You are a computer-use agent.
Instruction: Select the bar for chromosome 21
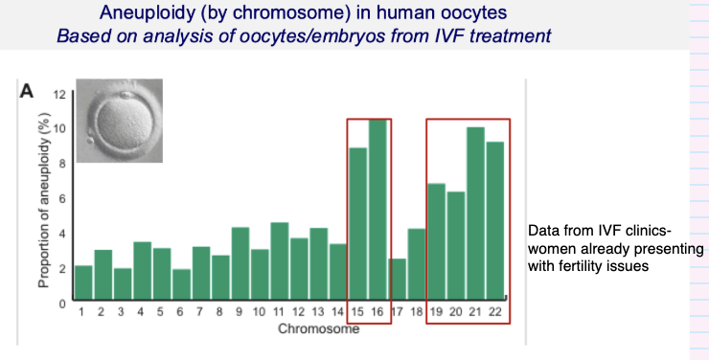coord(475,214)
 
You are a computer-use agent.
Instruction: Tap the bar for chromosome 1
coord(83,283)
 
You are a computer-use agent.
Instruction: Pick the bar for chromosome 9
coord(240,264)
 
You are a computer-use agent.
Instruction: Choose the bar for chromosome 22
coord(495,221)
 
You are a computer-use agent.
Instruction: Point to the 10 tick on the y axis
coord(57,129)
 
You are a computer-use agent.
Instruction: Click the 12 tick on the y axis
coord(57,95)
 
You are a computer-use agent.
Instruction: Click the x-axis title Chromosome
coord(318,330)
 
